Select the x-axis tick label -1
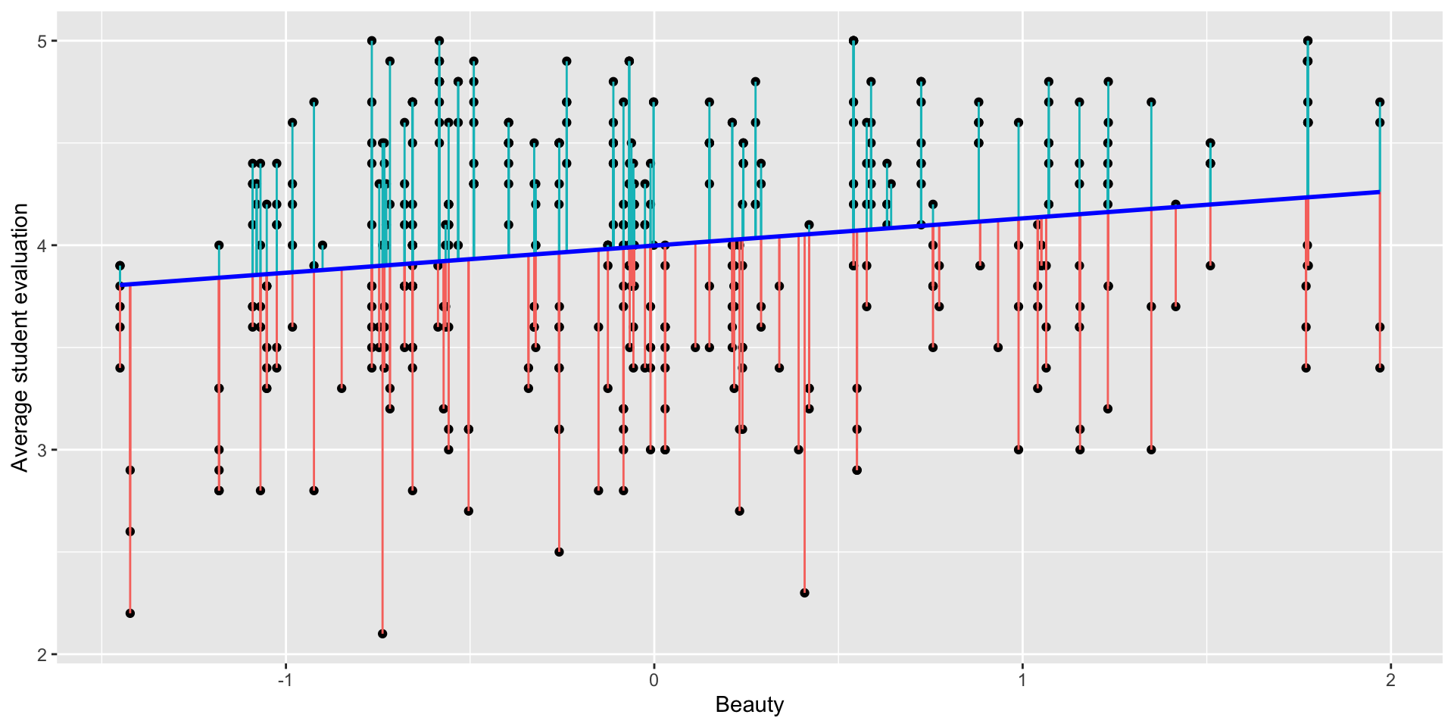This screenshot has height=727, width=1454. pyautogui.click(x=285, y=680)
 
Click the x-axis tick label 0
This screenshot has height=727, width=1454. pyautogui.click(x=654, y=680)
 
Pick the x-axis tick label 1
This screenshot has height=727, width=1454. pyautogui.click(x=1022, y=680)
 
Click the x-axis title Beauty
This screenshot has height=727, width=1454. pyautogui.click(x=749, y=705)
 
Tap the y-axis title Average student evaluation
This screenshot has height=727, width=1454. pyautogui.click(x=20, y=338)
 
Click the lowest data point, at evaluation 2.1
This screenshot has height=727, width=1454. pyautogui.click(x=382, y=634)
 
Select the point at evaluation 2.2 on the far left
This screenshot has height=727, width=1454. pyautogui.click(x=130, y=613)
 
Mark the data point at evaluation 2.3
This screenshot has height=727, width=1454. pyautogui.click(x=804, y=593)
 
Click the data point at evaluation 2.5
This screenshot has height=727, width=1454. pyautogui.click(x=559, y=552)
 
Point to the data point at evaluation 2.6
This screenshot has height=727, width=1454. pyautogui.click(x=130, y=532)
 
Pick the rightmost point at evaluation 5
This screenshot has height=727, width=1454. pyautogui.click(x=1308, y=41)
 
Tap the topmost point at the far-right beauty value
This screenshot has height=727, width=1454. pyautogui.click(x=1380, y=102)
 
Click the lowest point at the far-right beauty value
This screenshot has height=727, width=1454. pyautogui.click(x=1380, y=368)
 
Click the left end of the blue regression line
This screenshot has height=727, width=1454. pyautogui.click(x=120, y=285)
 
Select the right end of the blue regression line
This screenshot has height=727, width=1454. pyautogui.click(x=1379, y=192)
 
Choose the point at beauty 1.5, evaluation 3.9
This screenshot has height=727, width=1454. pyautogui.click(x=1210, y=266)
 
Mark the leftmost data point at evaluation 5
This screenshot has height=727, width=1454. pyautogui.click(x=372, y=41)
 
